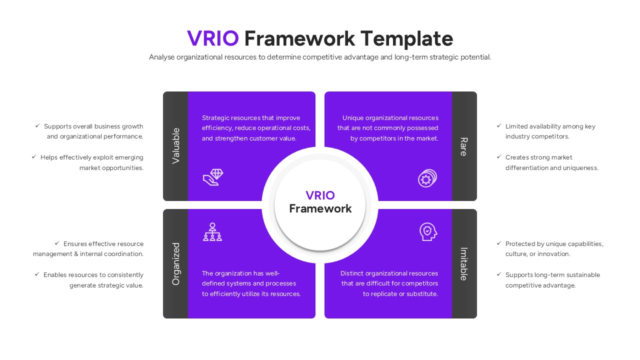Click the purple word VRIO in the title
[x=212, y=38]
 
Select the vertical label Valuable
[x=176, y=145]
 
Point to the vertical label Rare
[x=463, y=146]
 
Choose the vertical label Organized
[x=176, y=263]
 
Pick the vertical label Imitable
[x=463, y=263]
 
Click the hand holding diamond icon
[x=213, y=177]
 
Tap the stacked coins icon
[x=427, y=178]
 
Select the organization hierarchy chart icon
[x=212, y=232]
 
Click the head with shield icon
[x=428, y=231]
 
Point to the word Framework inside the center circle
[x=320, y=208]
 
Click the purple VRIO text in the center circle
[x=320, y=195]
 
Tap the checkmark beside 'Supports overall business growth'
[x=37, y=126]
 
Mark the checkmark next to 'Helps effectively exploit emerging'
[x=34, y=157]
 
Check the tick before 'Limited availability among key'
[x=499, y=126]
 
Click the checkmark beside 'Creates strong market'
[x=499, y=157]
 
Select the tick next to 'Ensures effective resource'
[x=57, y=243]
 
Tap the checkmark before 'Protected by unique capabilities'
[x=499, y=243]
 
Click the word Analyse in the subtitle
[x=161, y=57]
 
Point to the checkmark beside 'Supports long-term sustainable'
[x=499, y=274]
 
